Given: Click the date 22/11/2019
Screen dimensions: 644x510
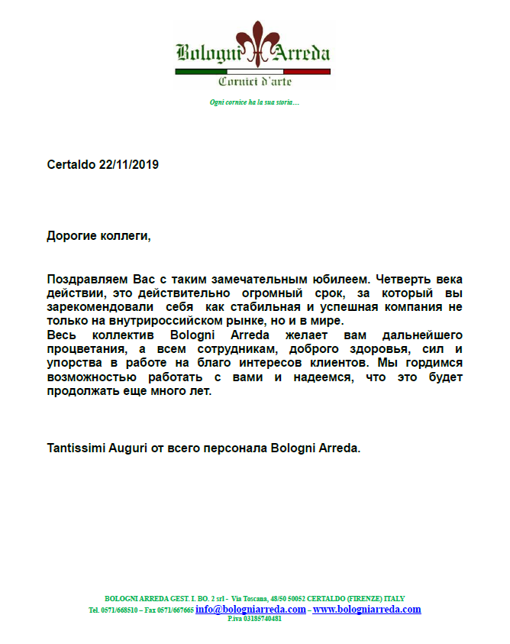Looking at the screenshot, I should click(129, 164).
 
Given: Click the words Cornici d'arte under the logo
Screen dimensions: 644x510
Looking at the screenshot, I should click(254, 82).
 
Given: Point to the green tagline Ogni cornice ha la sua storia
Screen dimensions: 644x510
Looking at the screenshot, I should click(254, 102).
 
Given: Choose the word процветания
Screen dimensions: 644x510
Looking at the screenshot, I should click(86, 348).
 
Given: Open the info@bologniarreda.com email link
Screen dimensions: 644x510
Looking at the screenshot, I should click(250, 610).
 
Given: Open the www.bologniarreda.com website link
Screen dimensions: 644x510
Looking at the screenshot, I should click(366, 610).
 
